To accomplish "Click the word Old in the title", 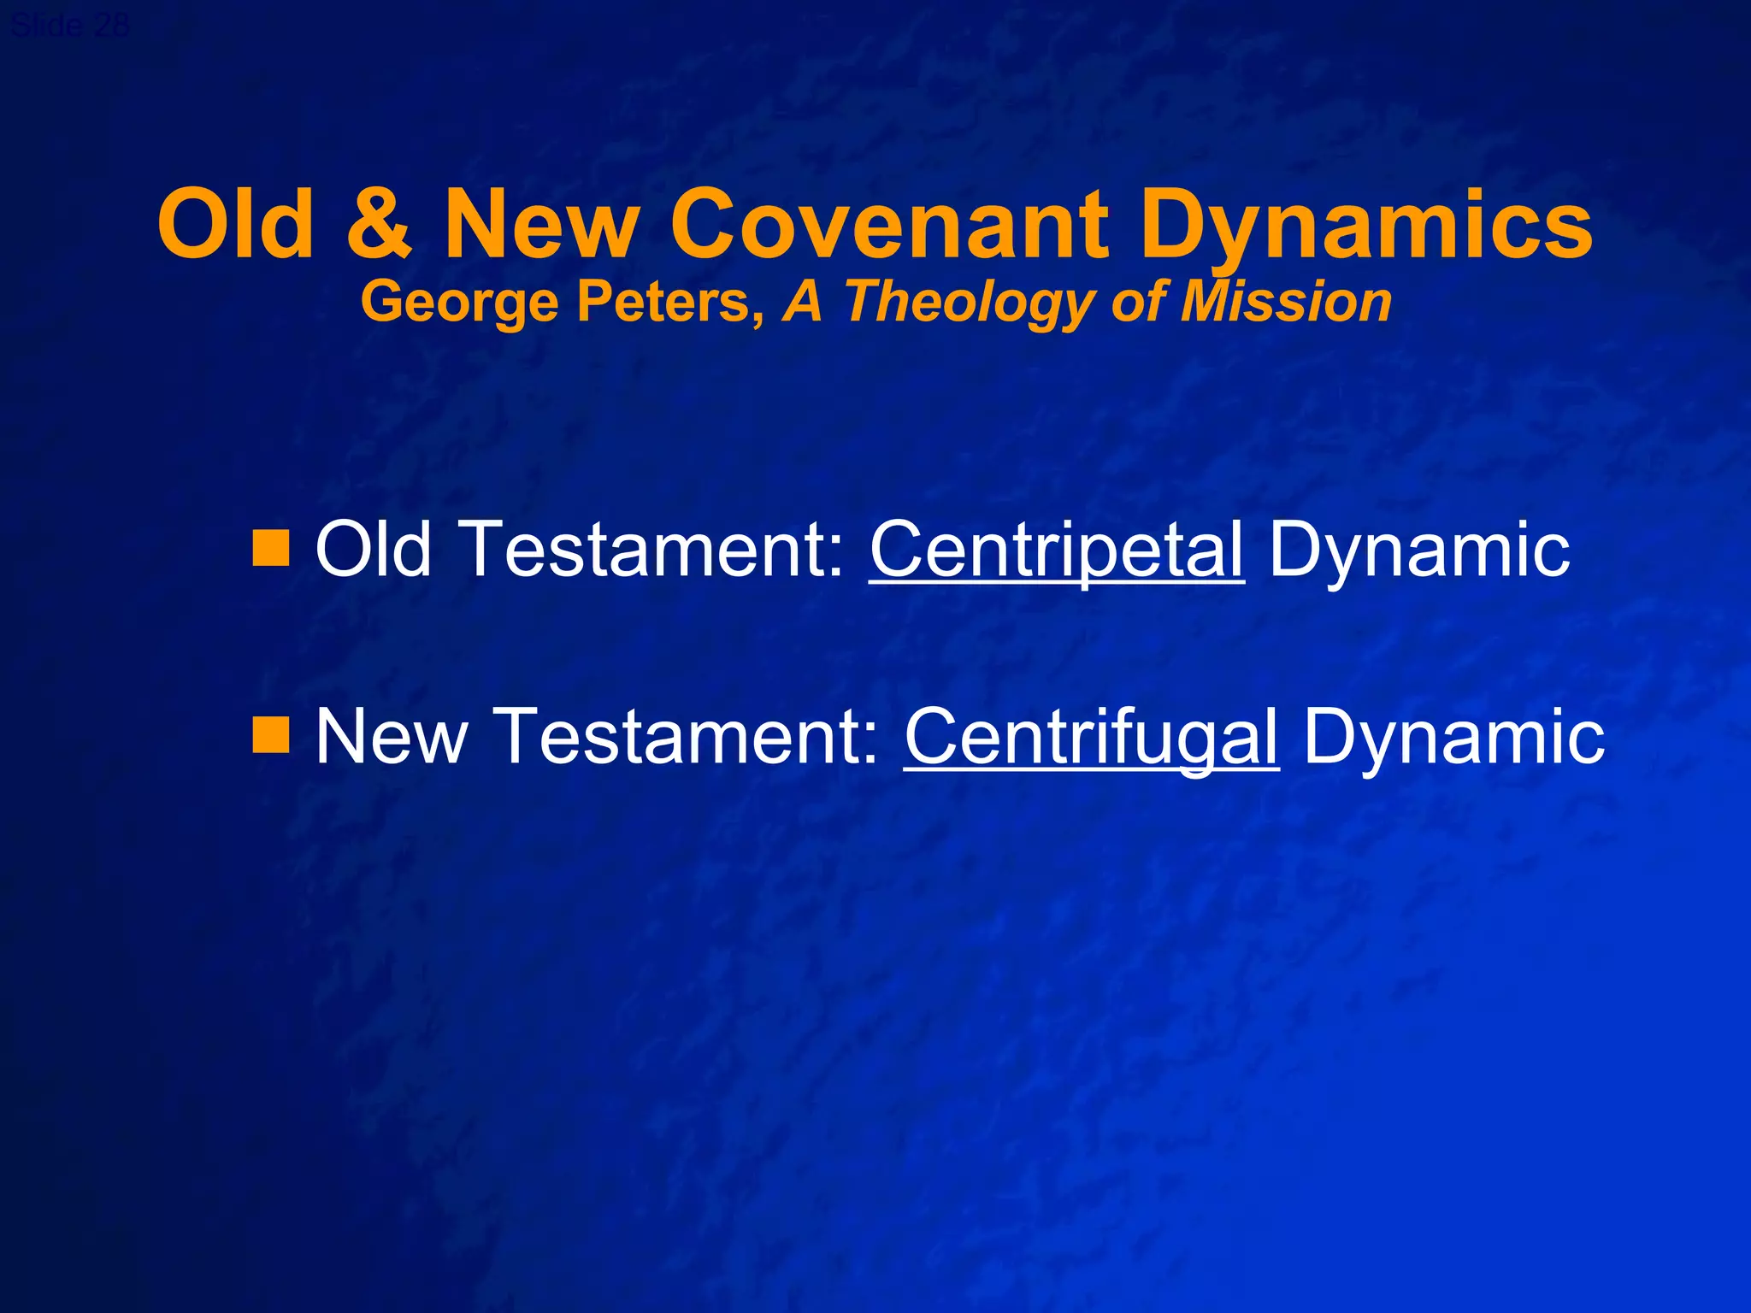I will (236, 224).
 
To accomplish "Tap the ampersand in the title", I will (379, 224).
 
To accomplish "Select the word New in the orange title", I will (542, 224).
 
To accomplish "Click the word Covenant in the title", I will (889, 224).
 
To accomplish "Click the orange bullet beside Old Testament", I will (271, 548).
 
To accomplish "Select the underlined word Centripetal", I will (1057, 550).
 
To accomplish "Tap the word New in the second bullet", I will (392, 735).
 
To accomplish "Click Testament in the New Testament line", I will (688, 735).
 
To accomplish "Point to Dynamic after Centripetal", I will (1418, 550).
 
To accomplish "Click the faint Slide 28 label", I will (70, 26).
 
